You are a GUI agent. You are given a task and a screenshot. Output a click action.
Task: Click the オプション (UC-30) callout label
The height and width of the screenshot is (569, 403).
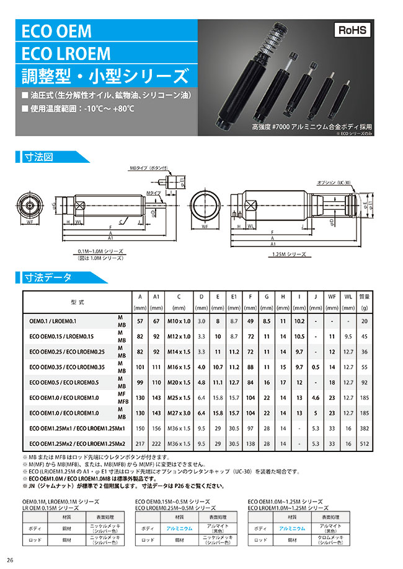334,183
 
